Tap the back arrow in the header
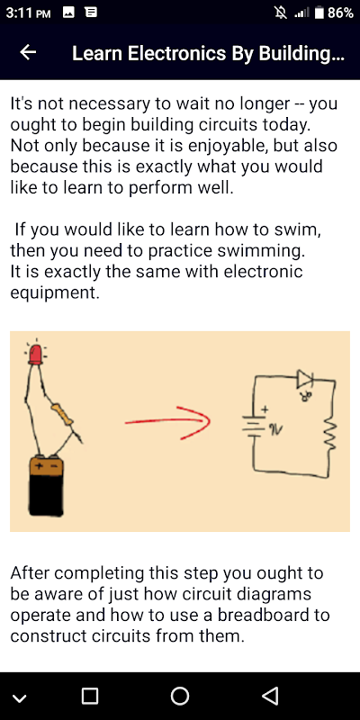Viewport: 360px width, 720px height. pyautogui.click(x=28, y=53)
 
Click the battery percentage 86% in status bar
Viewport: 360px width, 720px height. pyautogui.click(x=340, y=13)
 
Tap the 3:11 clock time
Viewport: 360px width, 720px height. pyautogui.click(x=20, y=13)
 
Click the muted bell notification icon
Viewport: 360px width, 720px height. pyautogui.click(x=280, y=13)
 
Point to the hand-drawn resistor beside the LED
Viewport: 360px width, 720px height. pyautogui.click(x=62, y=413)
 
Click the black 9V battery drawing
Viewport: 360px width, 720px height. pyautogui.click(x=46, y=486)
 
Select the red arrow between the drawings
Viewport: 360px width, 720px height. pyautogui.click(x=167, y=422)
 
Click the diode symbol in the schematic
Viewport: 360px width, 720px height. pyautogui.click(x=305, y=379)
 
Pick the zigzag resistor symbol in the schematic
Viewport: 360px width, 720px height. pyautogui.click(x=330, y=431)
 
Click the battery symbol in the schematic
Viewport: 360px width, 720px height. pyautogui.click(x=253, y=426)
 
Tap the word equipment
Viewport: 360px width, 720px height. pyautogui.click(x=54, y=293)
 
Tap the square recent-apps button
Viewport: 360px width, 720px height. pyautogui.click(x=90, y=696)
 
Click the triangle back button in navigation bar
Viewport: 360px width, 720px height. pyautogui.click(x=270, y=696)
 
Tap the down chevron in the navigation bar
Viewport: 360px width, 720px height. pyautogui.click(x=20, y=698)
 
